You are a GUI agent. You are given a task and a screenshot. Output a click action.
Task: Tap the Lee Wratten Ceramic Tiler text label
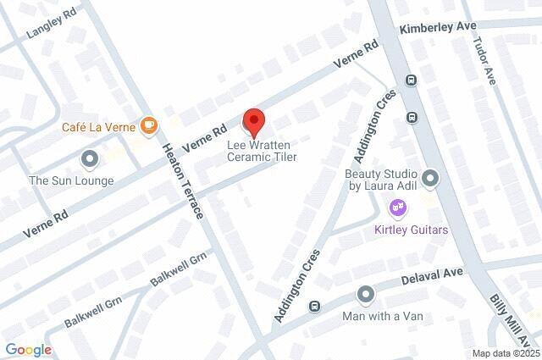tap(261, 150)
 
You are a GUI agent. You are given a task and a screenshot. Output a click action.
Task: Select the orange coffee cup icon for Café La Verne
tap(149, 126)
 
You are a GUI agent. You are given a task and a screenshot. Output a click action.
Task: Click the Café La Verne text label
tap(98, 127)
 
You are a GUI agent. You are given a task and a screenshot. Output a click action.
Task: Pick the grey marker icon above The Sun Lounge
tap(89, 158)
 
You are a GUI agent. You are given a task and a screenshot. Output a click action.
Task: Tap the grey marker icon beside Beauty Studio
tap(431, 178)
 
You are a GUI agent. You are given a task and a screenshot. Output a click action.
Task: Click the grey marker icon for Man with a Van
tap(366, 294)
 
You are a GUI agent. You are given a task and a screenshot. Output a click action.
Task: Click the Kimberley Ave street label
tap(439, 27)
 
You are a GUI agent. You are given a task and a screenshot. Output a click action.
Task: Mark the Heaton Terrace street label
tap(182, 180)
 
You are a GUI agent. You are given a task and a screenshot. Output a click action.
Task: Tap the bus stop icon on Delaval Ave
tap(315, 306)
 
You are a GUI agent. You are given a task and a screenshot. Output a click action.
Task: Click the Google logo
tap(28, 350)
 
